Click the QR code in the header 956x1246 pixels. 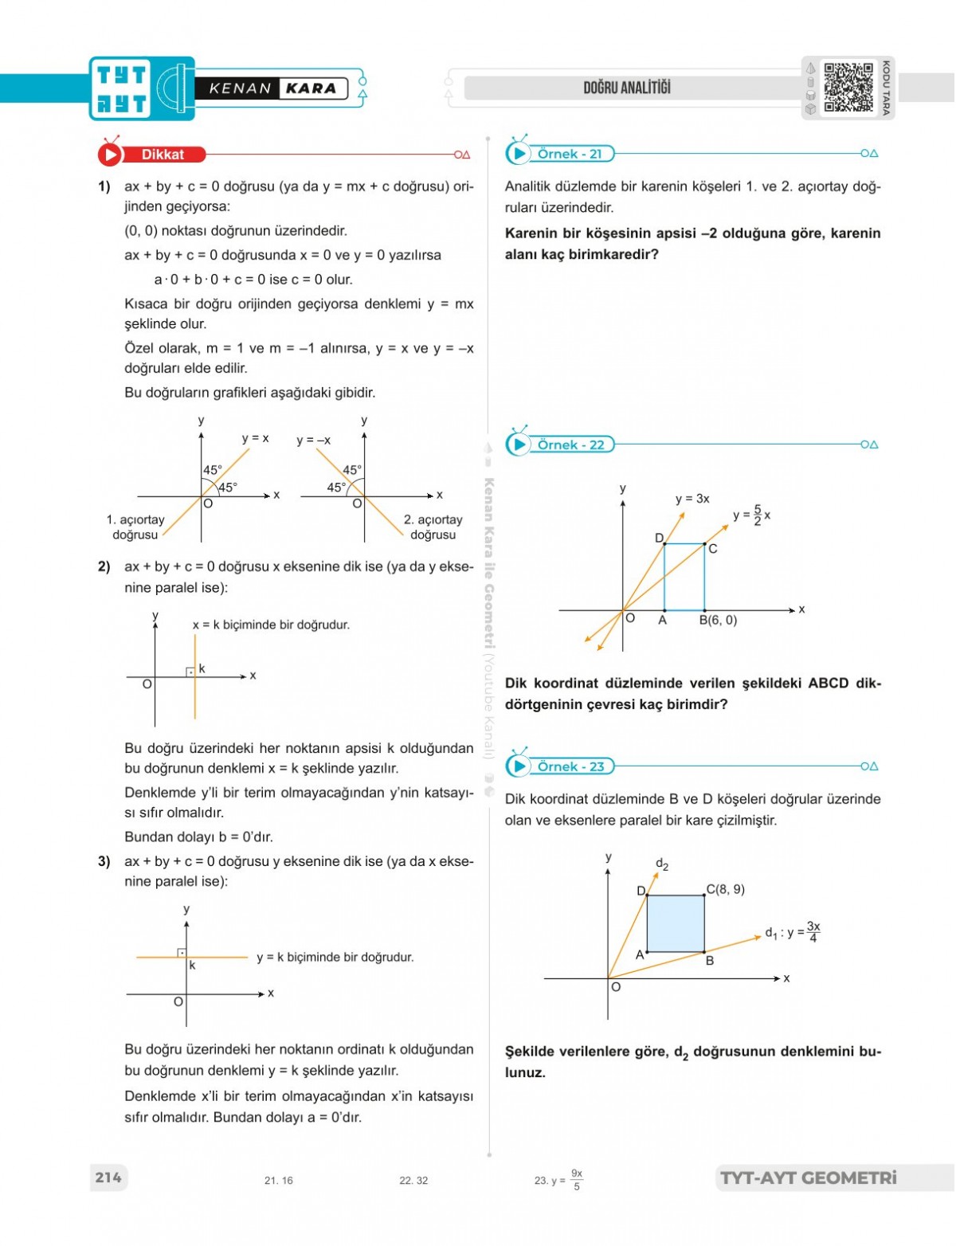tap(848, 88)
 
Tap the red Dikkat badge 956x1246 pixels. tap(162, 155)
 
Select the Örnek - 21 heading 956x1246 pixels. tap(570, 154)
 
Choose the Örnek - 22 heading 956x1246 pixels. tap(570, 445)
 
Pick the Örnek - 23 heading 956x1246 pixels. tap(570, 766)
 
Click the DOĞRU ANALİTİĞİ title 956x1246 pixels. tap(627, 88)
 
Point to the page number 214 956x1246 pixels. tap(108, 1177)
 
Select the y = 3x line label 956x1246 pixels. tap(692, 499)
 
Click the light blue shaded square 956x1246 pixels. tap(676, 923)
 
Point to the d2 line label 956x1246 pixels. tap(662, 864)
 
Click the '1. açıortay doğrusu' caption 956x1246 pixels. tap(135, 527)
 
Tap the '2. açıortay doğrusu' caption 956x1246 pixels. tap(433, 527)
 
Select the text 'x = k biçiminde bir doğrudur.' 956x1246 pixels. tap(271, 625)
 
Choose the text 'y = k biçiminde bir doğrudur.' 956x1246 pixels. tap(335, 957)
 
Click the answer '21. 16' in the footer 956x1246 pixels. tap(278, 1181)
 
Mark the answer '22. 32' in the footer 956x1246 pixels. tap(413, 1181)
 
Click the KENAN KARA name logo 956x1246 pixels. tap(272, 88)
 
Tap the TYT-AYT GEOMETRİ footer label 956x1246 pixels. tap(808, 1177)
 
